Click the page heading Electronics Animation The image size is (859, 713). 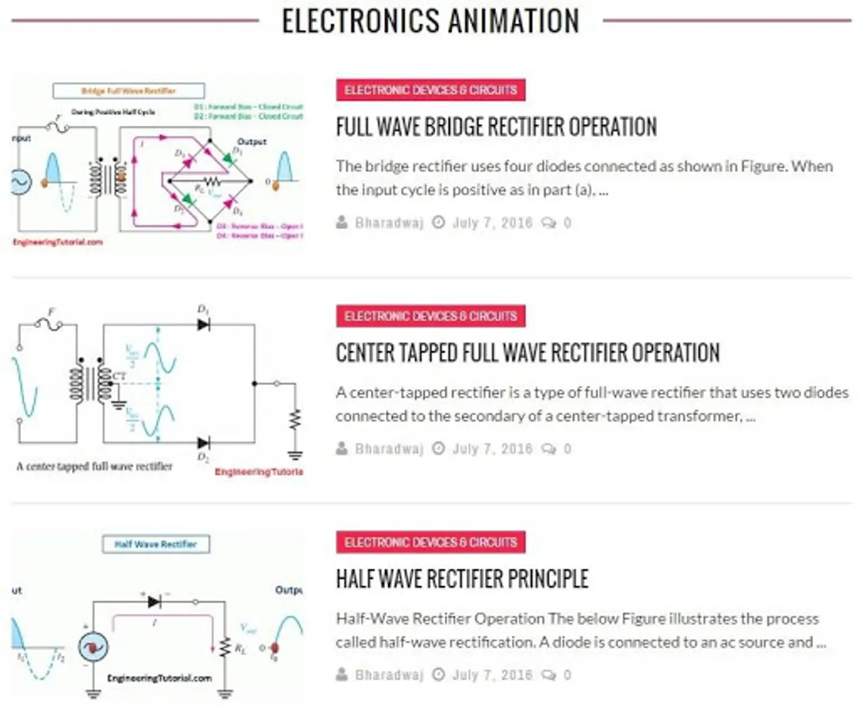pos(430,21)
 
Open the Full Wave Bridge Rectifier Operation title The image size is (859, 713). pos(496,127)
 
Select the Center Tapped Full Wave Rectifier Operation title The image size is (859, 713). pos(528,353)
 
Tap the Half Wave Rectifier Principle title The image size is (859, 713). pos(462,579)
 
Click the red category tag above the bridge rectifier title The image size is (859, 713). pos(430,90)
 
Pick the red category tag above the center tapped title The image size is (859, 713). pos(430,316)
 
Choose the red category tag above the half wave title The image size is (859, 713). pos(430,543)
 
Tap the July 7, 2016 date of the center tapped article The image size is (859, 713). pos(492,449)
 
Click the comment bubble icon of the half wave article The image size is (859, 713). pos(548,676)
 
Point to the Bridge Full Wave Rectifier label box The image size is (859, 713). pos(129,91)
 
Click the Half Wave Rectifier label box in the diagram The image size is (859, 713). pos(150,545)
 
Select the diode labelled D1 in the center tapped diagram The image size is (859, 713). pos(203,324)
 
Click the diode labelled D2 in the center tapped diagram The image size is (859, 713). pos(203,443)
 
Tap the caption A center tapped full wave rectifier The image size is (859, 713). pos(94,467)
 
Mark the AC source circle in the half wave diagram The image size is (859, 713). pos(94,647)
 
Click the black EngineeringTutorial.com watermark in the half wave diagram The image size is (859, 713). pos(159,679)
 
